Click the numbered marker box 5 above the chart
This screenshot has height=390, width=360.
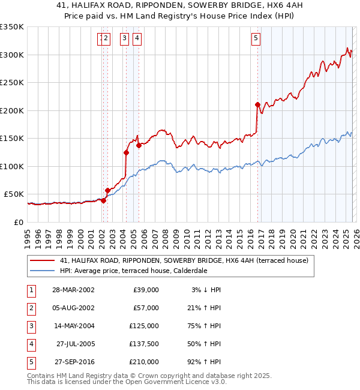tap(256, 39)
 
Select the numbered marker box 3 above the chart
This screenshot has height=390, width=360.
tap(124, 39)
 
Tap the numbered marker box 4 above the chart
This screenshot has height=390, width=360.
tap(137, 39)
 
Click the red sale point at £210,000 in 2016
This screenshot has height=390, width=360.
tap(257, 105)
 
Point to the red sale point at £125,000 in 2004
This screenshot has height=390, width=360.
tap(126, 152)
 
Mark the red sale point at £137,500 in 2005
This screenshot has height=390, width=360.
tap(139, 145)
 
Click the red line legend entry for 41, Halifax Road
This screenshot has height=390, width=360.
tap(184, 260)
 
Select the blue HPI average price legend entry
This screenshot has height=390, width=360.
tap(133, 271)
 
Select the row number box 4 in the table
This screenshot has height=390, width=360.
tap(30, 344)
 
